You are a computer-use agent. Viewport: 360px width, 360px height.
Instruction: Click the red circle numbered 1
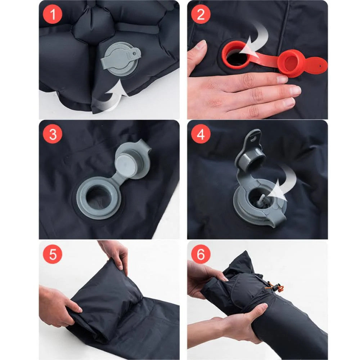(x=53, y=14)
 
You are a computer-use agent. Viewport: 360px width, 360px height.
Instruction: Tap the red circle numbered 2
(x=201, y=14)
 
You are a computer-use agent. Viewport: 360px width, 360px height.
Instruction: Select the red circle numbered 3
(x=53, y=134)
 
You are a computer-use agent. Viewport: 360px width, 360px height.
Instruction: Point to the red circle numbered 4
(x=201, y=134)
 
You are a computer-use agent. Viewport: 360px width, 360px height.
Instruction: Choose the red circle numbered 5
(x=53, y=254)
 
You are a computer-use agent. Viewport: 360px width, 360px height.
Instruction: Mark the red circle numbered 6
(x=201, y=254)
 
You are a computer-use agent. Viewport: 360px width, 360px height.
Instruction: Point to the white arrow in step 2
(x=255, y=42)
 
